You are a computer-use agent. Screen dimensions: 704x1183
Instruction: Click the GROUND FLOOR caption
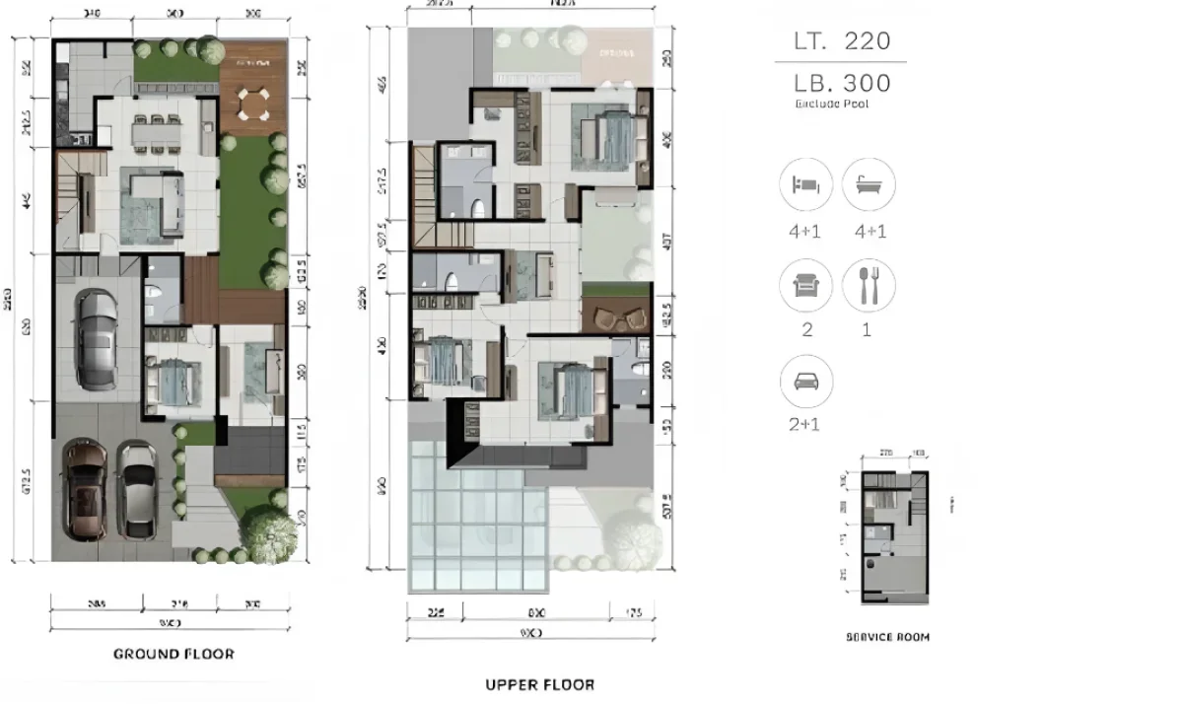(x=174, y=654)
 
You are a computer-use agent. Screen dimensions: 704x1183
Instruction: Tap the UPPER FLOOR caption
(x=540, y=684)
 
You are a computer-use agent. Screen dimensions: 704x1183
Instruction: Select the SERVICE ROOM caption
(x=887, y=637)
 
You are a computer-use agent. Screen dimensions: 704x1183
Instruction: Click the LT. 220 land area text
(x=843, y=41)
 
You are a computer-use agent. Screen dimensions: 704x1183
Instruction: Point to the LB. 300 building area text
(x=843, y=84)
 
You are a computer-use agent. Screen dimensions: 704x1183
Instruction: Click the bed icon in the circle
(x=806, y=185)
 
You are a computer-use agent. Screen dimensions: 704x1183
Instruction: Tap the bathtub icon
(x=869, y=185)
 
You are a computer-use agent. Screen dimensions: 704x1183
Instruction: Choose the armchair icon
(x=806, y=286)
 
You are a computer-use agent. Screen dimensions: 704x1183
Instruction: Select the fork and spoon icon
(x=869, y=286)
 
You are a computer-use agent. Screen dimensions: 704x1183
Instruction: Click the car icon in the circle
(x=806, y=383)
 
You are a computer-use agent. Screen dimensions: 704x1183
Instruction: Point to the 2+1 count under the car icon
(x=806, y=425)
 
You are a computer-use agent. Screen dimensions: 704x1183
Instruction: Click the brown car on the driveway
(x=86, y=490)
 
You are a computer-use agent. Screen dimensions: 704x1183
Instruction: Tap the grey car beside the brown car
(x=138, y=490)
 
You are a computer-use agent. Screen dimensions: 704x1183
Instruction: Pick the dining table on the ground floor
(x=154, y=131)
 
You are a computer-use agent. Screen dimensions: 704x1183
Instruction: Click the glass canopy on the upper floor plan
(x=477, y=518)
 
